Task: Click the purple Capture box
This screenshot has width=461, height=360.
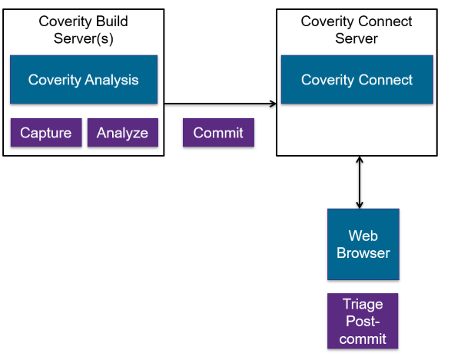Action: pyautogui.click(x=45, y=133)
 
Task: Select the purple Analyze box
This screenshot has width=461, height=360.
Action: pyautogui.click(x=122, y=133)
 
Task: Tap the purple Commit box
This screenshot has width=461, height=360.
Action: pyautogui.click(x=218, y=133)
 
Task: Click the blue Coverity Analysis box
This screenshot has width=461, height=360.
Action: pyautogui.click(x=83, y=80)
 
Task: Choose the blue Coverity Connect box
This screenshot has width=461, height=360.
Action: pyautogui.click(x=357, y=80)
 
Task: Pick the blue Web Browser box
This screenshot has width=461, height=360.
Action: pyautogui.click(x=363, y=245)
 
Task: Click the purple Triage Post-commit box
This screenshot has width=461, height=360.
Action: pyautogui.click(x=363, y=321)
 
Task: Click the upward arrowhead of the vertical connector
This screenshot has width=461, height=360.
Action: pyautogui.click(x=359, y=160)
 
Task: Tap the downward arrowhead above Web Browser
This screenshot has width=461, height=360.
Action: pyautogui.click(x=359, y=204)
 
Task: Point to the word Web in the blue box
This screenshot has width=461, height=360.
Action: pyautogui.click(x=363, y=236)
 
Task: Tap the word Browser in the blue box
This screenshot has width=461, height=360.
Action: pyautogui.click(x=363, y=253)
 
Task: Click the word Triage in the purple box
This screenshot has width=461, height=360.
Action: pyautogui.click(x=363, y=305)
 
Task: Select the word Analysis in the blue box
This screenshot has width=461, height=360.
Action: pyautogui.click(x=111, y=80)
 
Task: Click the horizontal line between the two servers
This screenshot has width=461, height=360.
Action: pyautogui.click(x=219, y=103)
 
